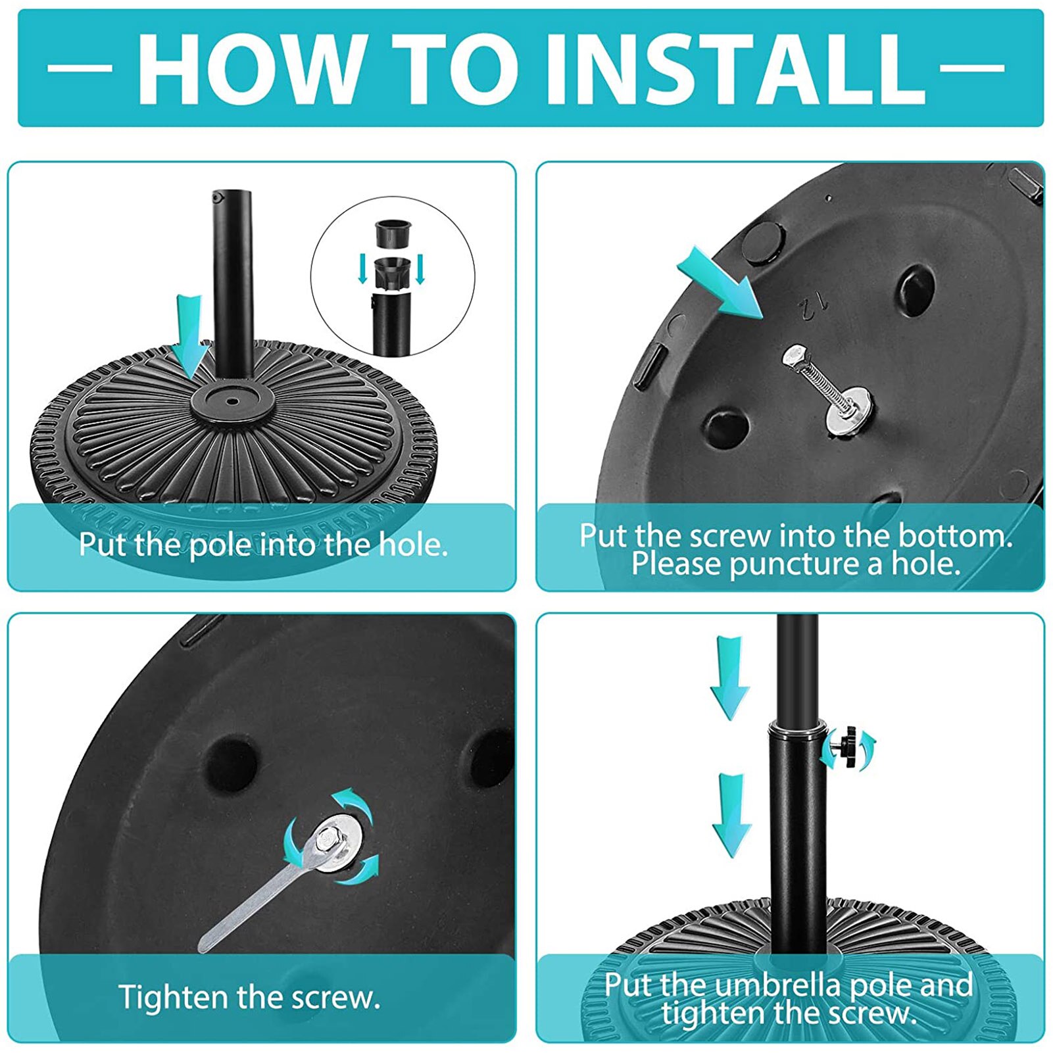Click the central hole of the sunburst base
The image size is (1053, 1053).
[232, 399]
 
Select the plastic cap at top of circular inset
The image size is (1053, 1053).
[393, 234]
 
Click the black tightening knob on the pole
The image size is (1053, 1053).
[848, 747]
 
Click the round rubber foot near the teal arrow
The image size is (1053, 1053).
[764, 242]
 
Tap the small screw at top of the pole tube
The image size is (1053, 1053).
[216, 197]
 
